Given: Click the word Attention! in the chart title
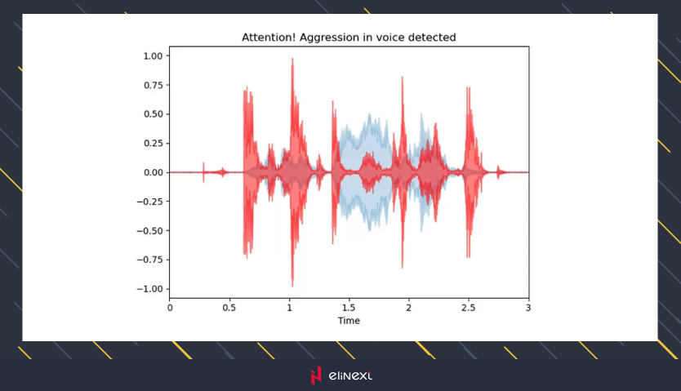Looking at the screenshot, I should [x=267, y=38].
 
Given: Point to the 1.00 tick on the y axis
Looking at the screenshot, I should [x=152, y=56].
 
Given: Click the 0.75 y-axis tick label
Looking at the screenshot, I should [x=152, y=85].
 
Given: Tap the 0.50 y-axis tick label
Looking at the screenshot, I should [x=152, y=114].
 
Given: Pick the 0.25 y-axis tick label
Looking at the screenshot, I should [x=152, y=144].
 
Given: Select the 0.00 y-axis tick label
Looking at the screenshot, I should [x=152, y=173].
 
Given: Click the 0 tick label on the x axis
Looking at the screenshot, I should [x=170, y=308].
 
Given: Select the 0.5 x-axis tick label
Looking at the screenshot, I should [x=229, y=308].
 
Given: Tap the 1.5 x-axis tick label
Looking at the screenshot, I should [x=349, y=308].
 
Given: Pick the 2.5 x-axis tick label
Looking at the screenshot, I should [x=469, y=308].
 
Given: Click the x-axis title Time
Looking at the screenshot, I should [x=349, y=321].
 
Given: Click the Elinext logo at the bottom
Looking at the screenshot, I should [x=340, y=375].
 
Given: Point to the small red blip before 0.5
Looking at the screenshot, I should [x=224, y=171].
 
